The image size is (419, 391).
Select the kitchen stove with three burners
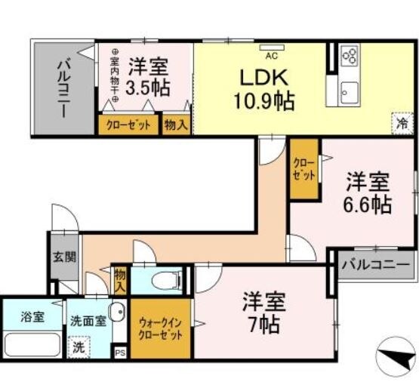350,57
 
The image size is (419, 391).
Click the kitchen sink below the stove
349,94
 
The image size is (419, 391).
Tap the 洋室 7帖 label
263,313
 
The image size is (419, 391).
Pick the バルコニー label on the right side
375,266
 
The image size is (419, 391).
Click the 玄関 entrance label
64,257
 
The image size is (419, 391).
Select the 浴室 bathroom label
31,316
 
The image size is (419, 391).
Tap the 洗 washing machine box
77,348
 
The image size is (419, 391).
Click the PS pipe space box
119,353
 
